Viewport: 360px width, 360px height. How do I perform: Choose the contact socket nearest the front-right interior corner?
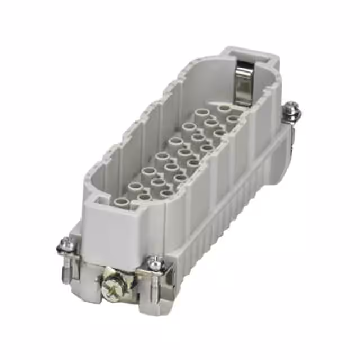pos(166,194)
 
